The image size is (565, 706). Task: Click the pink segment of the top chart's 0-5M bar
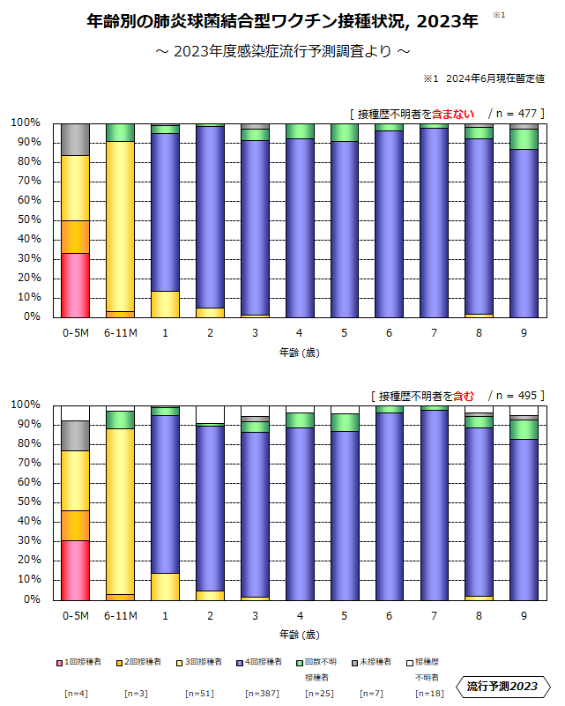click(x=75, y=285)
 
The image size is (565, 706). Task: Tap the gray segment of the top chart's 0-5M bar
click(x=75, y=139)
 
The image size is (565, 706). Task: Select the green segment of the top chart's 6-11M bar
click(x=120, y=132)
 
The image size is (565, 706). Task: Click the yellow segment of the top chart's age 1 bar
click(x=165, y=303)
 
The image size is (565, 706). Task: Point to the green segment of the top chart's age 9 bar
click(x=524, y=139)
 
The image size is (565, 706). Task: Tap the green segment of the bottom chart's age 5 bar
click(x=345, y=422)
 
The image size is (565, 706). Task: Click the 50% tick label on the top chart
click(x=26, y=220)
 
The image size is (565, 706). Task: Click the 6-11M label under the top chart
click(x=120, y=333)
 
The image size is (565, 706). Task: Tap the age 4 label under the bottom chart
click(x=300, y=615)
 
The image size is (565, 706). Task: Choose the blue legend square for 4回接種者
click(x=240, y=661)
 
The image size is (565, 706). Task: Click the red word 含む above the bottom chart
click(x=464, y=395)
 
